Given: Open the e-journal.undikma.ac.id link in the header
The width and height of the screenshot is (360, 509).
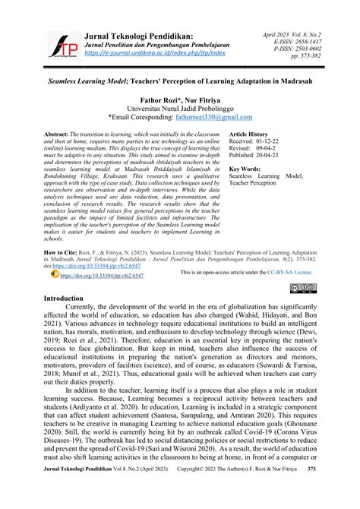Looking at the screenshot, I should tap(144, 53).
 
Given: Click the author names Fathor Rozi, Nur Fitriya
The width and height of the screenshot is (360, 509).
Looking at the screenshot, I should tap(179, 99).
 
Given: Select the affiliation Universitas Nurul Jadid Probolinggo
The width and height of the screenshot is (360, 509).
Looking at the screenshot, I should tap(179, 108).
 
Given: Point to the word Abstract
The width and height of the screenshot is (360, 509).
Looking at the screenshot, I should tap(60, 132).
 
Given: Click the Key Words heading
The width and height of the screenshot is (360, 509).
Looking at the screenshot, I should tap(246, 170).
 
